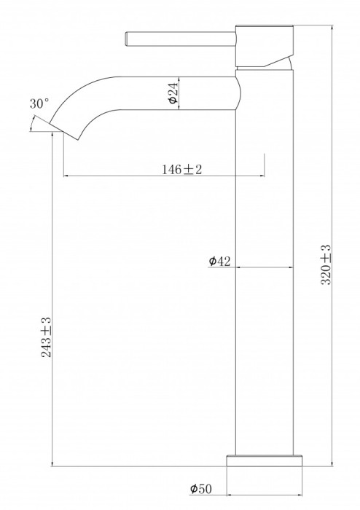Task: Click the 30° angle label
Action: (39, 104)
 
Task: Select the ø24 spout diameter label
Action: (173, 93)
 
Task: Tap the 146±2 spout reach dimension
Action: (181, 170)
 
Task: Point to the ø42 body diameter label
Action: (219, 261)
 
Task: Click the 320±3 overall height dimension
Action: (326, 264)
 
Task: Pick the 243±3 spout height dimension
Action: (46, 337)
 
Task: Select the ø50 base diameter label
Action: (201, 489)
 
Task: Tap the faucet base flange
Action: (264, 460)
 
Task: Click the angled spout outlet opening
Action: (64, 131)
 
